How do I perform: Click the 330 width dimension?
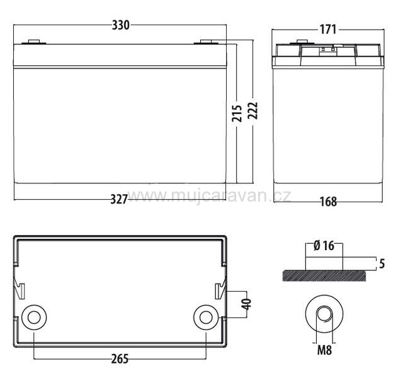coord(120,25)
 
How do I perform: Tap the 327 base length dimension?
coord(119,199)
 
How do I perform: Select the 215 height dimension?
coord(237,113)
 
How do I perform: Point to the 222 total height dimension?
coord(253,111)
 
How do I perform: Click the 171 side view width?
coord(328,30)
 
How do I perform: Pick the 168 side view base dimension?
coord(328,202)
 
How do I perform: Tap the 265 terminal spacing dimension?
coord(120,359)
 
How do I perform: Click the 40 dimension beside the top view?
coord(247,304)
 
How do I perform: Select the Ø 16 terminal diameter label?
coord(324,246)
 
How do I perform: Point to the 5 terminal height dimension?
coord(382,264)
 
